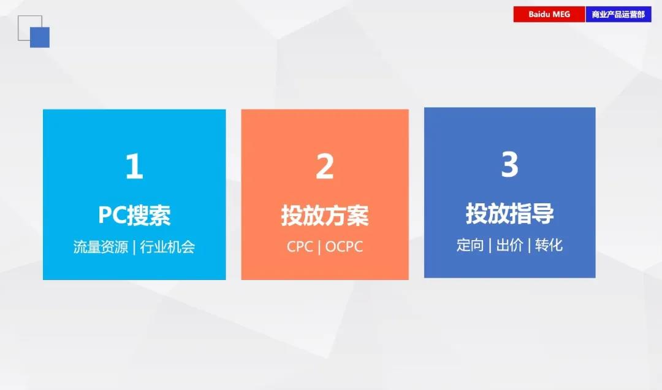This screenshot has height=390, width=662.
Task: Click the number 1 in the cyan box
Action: pyautogui.click(x=135, y=166)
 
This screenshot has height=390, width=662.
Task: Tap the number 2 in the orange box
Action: pyautogui.click(x=325, y=166)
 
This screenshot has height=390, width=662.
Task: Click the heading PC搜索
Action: pyautogui.click(x=134, y=215)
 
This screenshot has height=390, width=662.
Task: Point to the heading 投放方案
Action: pyautogui.click(x=325, y=215)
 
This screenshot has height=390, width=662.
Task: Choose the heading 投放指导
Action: pyautogui.click(x=509, y=213)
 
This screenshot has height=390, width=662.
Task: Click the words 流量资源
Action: pyautogui.click(x=101, y=247)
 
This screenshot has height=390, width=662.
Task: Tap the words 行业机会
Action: pyautogui.click(x=167, y=247)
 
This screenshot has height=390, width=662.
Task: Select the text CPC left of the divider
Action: pyautogui.click(x=300, y=247)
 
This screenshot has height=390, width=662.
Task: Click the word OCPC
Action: pyautogui.click(x=344, y=247)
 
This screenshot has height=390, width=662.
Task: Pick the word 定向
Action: pyautogui.click(x=470, y=245)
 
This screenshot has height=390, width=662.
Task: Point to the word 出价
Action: pyautogui.click(x=509, y=245)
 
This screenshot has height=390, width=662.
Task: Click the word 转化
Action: pyautogui.click(x=549, y=245)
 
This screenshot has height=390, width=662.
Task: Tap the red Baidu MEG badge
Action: pyautogui.click(x=549, y=14)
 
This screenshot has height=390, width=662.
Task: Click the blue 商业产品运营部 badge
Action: pyautogui.click(x=618, y=14)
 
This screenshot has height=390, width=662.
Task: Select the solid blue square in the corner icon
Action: pyautogui.click(x=40, y=37)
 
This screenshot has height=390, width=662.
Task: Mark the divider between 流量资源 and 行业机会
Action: pyautogui.click(x=134, y=247)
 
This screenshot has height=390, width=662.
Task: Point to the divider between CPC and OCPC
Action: pyautogui.click(x=319, y=247)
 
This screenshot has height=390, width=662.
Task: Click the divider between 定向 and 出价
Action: pyautogui.click(x=490, y=245)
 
